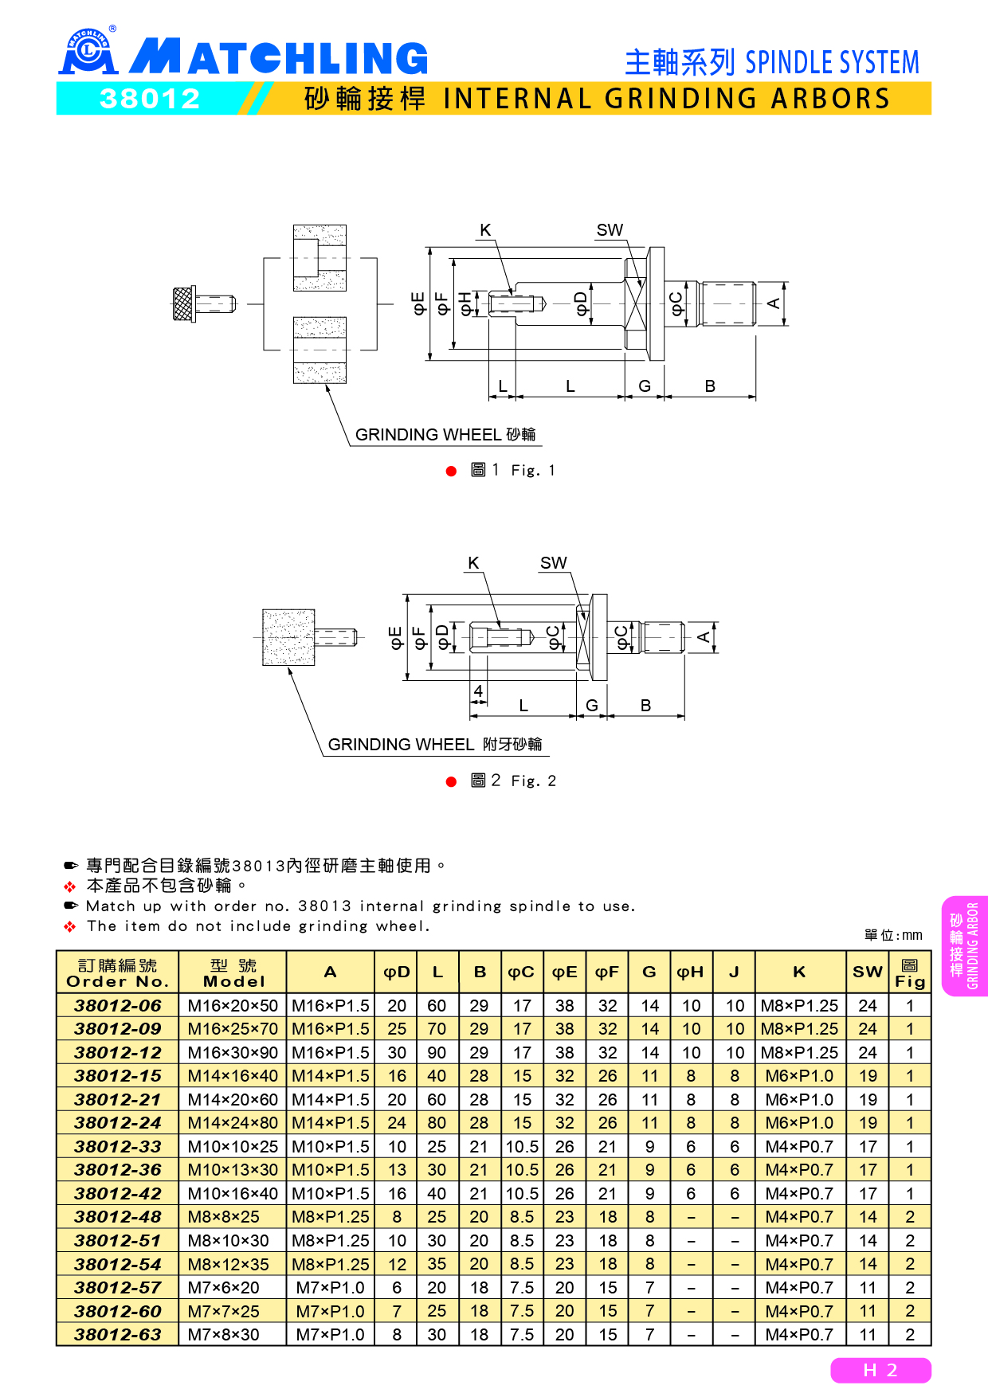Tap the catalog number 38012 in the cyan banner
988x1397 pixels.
[149, 99]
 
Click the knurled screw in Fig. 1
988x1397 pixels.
[185, 303]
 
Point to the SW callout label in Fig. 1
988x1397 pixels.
[610, 230]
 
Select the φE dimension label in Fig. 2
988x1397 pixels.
[396, 637]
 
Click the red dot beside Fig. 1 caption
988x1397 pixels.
[451, 472]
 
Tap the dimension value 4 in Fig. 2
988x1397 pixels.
[478, 691]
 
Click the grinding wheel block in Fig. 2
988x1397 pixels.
[288, 637]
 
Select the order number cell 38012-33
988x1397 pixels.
[117, 1146]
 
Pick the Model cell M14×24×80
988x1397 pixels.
[233, 1123]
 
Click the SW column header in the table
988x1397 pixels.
[867, 972]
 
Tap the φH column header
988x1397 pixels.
[690, 972]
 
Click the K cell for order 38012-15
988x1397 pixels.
[799, 1076]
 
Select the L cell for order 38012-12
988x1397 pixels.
[437, 1052]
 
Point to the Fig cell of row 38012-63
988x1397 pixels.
[909, 1334]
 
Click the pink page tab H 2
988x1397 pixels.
[880, 1370]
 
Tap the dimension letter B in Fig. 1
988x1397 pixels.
[710, 386]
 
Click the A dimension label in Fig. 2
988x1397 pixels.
[704, 637]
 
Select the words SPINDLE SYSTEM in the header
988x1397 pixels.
[832, 62]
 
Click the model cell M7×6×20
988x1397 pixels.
[224, 1287]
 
